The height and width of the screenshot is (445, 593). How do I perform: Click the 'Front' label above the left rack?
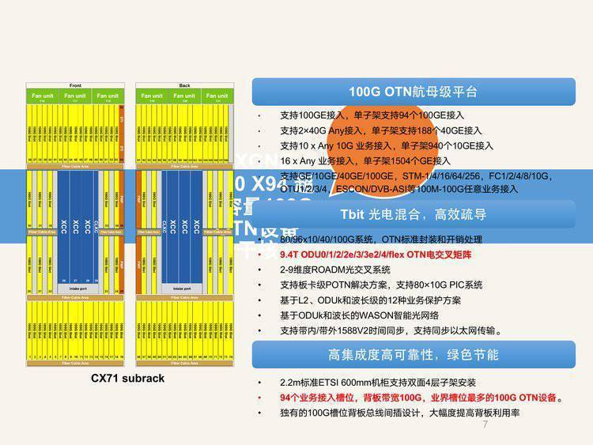tap(75, 85)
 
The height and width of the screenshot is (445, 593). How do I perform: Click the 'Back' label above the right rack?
tap(185, 85)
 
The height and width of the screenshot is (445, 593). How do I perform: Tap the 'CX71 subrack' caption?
tap(128, 378)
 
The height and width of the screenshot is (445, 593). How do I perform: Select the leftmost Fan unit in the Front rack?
tap(42, 96)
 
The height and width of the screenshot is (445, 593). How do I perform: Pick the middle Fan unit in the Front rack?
tap(75, 96)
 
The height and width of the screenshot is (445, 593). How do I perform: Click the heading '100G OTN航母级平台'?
tap(414, 92)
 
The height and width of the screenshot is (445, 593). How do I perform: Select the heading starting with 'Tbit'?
tap(413, 214)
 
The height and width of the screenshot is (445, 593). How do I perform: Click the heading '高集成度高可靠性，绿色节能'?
tap(414, 354)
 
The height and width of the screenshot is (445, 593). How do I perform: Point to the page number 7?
tap(485, 425)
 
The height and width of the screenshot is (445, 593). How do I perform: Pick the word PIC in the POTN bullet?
tap(452, 285)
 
